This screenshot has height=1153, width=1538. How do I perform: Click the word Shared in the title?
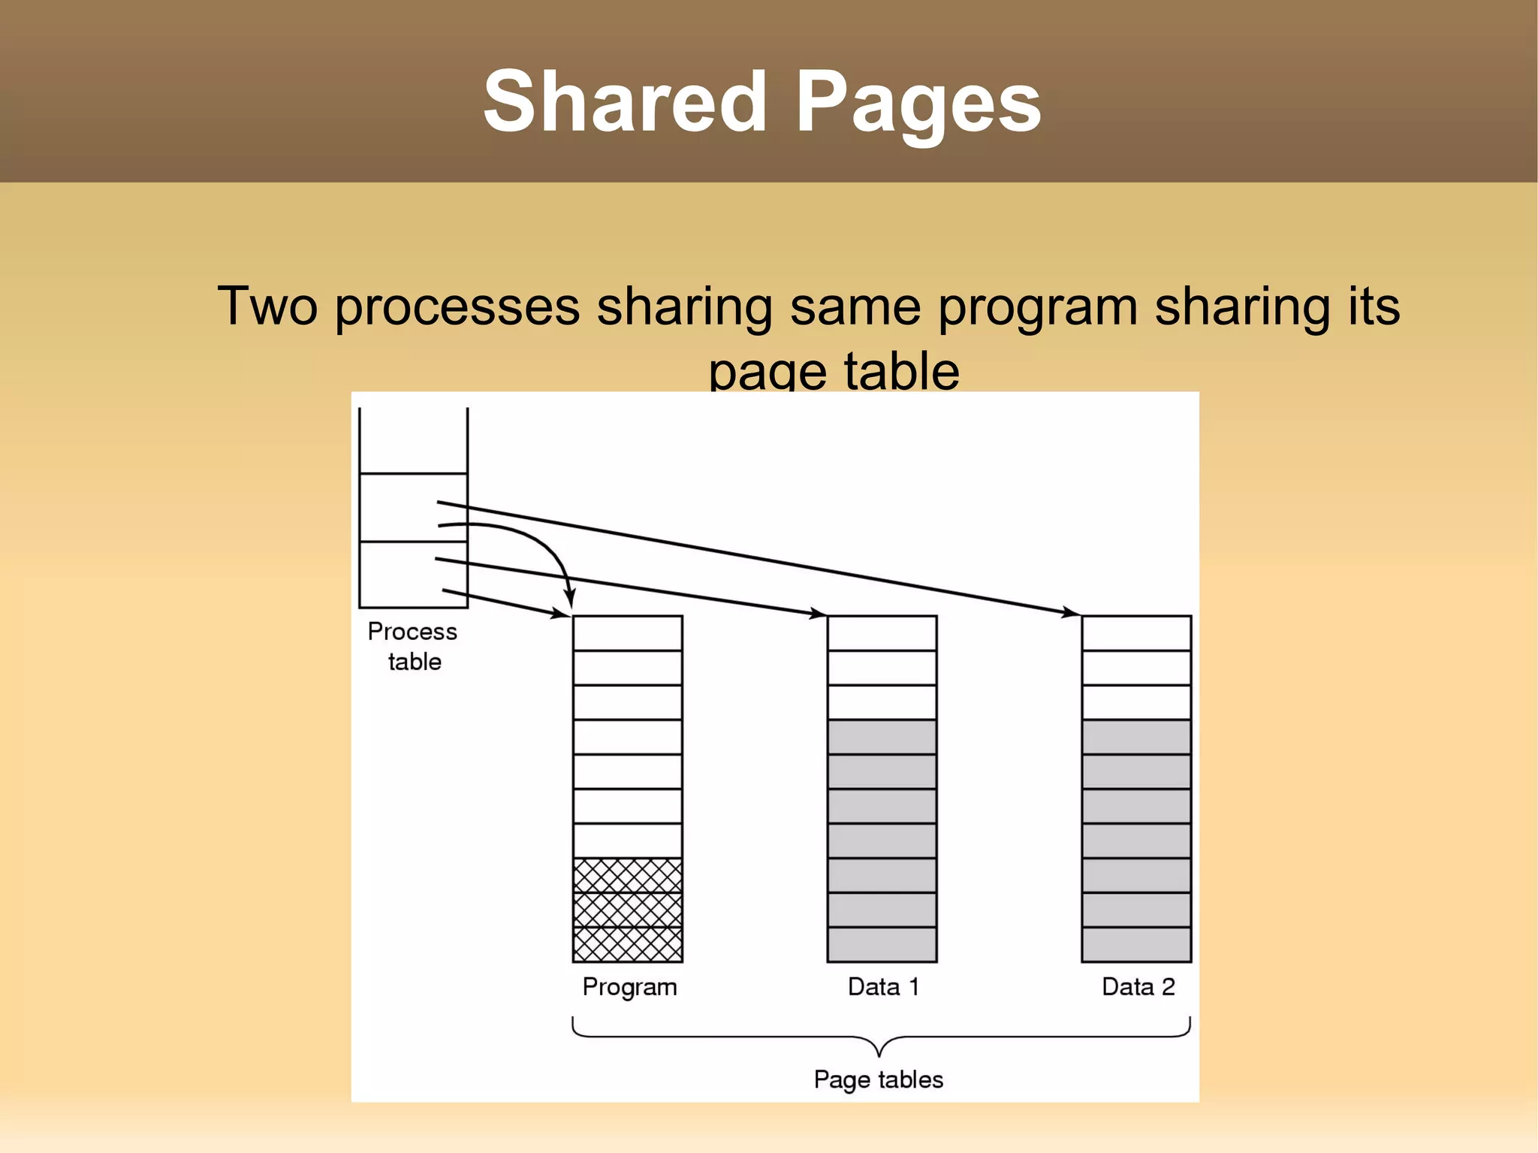624,101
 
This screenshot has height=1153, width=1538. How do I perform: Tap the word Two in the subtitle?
267,306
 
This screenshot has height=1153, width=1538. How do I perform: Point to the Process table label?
413,646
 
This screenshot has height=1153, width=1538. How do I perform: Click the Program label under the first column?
629,987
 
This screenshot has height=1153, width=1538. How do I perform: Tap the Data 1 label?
883,986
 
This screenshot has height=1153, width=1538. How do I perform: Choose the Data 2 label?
1138,986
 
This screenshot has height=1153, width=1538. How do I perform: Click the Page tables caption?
879,1079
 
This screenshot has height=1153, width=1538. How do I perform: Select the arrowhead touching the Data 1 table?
818,614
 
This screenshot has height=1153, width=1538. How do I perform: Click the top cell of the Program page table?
627,633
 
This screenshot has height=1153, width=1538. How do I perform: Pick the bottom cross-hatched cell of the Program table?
627,944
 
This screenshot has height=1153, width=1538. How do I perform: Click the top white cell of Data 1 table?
882,633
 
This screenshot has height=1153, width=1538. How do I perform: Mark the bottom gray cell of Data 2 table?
1136,944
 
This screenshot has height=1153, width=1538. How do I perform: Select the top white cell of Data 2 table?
1136,633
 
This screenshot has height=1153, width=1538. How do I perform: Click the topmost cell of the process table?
413,441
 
